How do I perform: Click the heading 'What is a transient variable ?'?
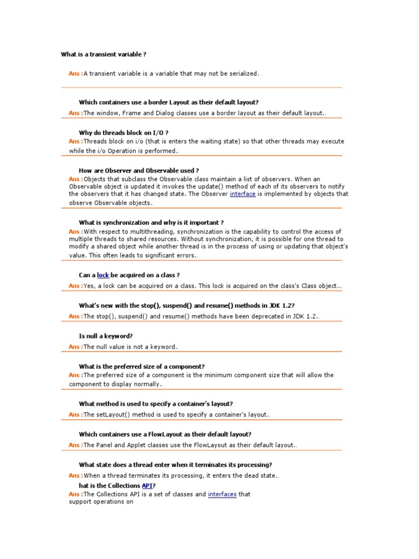pos(103,55)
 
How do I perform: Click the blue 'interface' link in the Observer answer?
pos(242,194)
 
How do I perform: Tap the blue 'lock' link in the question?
pos(103,276)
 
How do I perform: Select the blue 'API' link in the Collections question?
pos(147,486)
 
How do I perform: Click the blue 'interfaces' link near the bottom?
pos(222,495)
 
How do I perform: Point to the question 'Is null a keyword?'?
pos(106,336)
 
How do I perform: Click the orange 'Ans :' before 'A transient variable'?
pos(76,73)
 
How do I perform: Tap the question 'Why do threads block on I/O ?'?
pos(123,133)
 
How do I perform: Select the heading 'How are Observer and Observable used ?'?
pos(139,171)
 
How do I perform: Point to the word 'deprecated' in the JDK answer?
pos(262,317)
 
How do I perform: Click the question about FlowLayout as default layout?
pos(165,435)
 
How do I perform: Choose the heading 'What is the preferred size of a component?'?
pos(142,367)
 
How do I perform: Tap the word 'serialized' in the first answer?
pos(241,74)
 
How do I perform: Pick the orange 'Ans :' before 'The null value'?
pos(76,347)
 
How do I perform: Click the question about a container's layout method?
pos(156,404)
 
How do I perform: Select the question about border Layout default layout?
pos(169,102)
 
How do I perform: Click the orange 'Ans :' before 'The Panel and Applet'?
pos(76,445)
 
